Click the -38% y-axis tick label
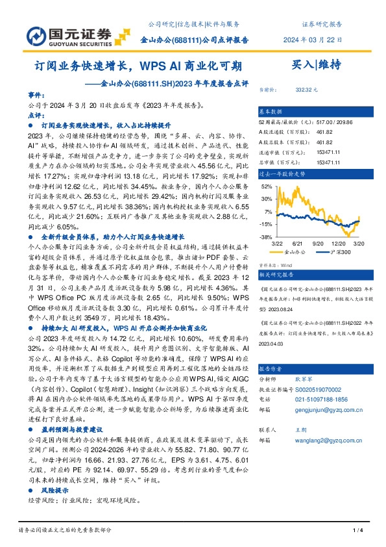point(266,238)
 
